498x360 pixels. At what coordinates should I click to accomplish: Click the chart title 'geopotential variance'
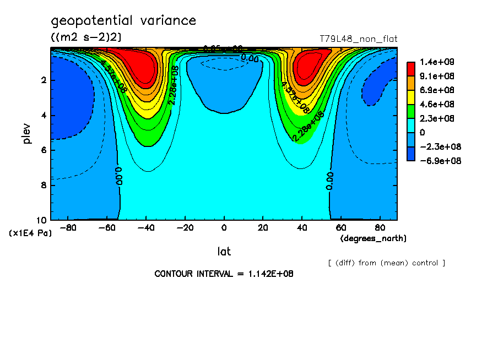click(x=123, y=21)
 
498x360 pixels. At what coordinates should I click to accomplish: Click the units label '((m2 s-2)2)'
click(x=86, y=37)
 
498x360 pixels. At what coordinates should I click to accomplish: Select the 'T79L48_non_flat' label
click(x=359, y=39)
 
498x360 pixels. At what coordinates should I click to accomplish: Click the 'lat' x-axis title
click(x=224, y=252)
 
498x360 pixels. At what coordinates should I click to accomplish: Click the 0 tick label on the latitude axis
click(x=224, y=227)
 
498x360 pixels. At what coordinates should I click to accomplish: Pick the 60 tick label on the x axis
click(x=341, y=227)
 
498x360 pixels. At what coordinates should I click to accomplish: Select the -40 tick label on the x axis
click(x=144, y=227)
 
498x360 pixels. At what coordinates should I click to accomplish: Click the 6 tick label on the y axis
click(x=44, y=150)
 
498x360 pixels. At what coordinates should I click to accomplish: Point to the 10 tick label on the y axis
click(x=41, y=220)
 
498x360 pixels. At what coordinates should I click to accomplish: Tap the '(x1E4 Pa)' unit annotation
click(x=30, y=233)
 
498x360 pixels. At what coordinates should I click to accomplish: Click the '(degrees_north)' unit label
click(x=373, y=238)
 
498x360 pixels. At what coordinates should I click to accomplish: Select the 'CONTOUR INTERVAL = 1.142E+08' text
click(x=224, y=274)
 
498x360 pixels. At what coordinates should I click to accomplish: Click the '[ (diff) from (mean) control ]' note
click(x=386, y=263)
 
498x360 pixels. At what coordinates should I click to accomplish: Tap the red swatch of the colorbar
click(x=411, y=69)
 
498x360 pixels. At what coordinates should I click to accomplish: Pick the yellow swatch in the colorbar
click(x=411, y=97)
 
